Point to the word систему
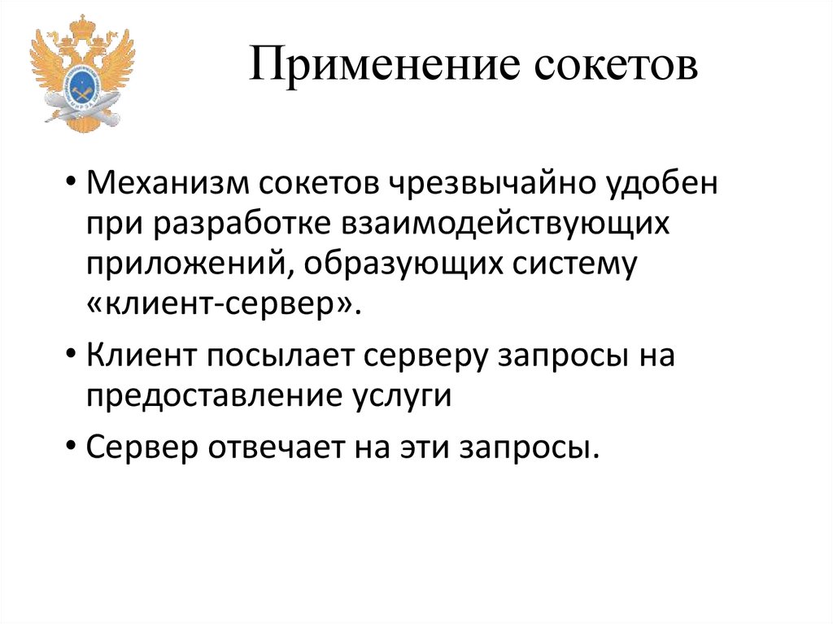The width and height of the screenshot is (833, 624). tap(575, 264)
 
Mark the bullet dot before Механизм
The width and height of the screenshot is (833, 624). tap(73, 182)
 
